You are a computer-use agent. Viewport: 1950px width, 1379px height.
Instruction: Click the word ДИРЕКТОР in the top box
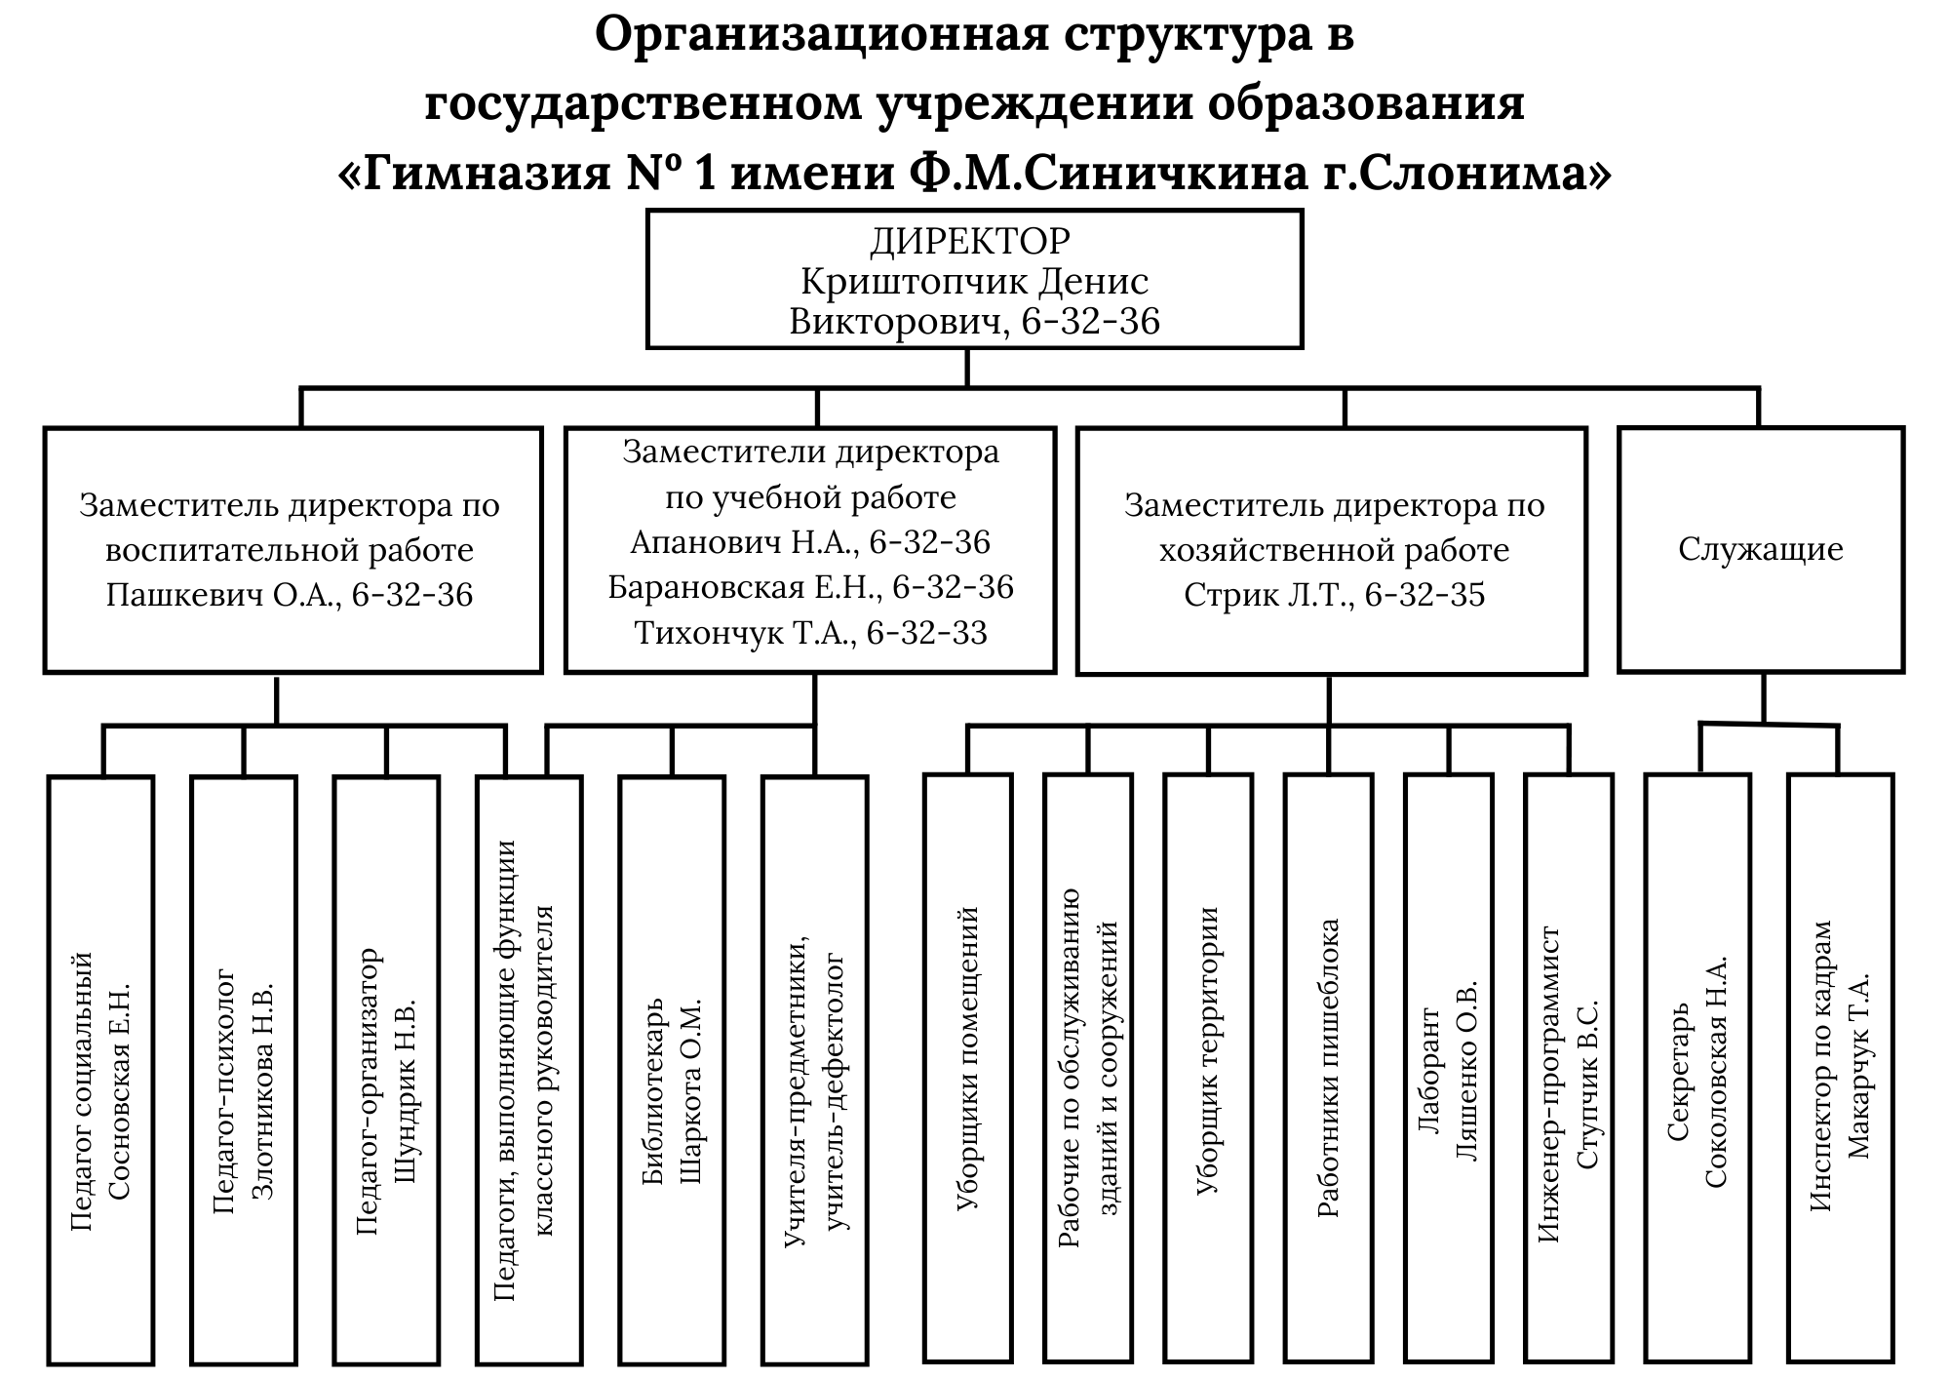969,241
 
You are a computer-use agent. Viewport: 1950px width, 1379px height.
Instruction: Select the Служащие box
1760,549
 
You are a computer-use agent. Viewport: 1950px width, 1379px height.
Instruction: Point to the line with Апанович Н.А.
810,542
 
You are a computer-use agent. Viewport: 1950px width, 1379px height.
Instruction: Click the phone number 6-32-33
926,633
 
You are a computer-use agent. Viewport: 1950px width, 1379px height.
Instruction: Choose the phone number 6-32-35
1424,595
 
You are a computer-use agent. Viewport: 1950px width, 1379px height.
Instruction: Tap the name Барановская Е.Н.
746,587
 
